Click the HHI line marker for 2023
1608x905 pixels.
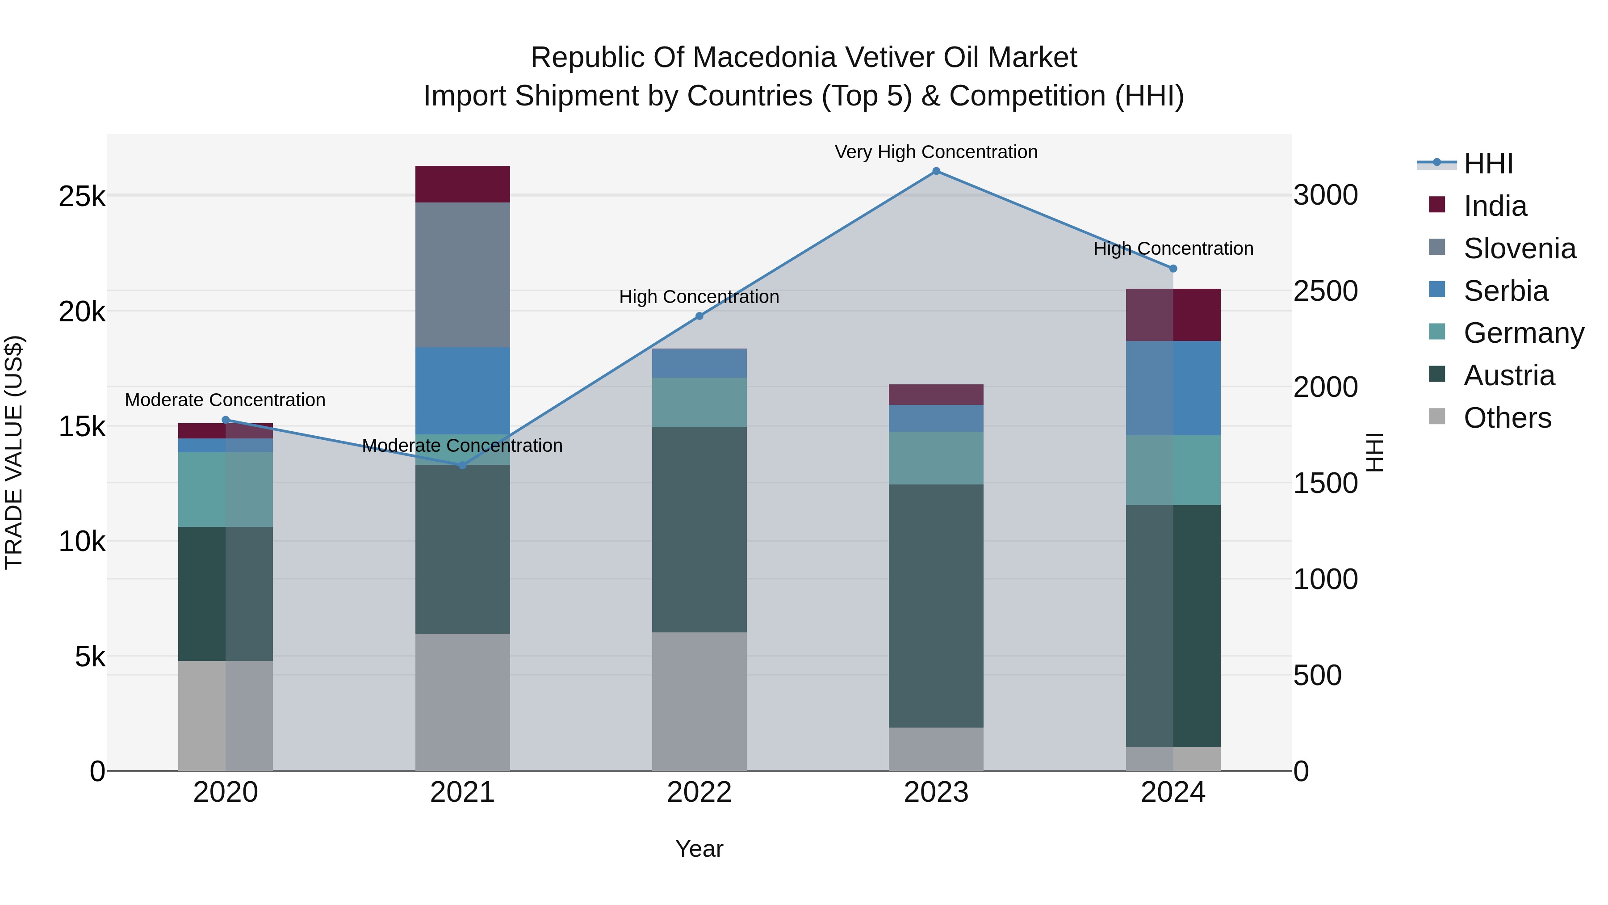coord(936,171)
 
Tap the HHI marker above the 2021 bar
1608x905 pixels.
coord(463,465)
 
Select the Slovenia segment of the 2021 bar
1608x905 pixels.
coord(463,275)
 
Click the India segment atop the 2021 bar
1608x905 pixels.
coord(463,184)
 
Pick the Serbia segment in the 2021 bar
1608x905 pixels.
coord(463,390)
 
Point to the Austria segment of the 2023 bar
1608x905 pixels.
coord(936,606)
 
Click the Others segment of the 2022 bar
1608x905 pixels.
coord(699,701)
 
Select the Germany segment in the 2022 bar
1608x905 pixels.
coord(699,402)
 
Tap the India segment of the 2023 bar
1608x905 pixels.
coord(936,395)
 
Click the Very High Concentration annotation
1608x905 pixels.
coord(936,152)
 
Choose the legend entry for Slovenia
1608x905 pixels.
coord(1520,248)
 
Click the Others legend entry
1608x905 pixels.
coord(1507,418)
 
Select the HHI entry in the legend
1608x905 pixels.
coord(1488,164)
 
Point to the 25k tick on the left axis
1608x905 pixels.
coord(82,197)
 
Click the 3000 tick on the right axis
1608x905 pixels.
coord(1325,195)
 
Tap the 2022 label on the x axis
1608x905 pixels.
coord(699,792)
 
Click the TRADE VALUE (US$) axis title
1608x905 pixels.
coord(14,452)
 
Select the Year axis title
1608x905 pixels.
coord(699,849)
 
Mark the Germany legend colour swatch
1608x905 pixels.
coord(1437,332)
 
